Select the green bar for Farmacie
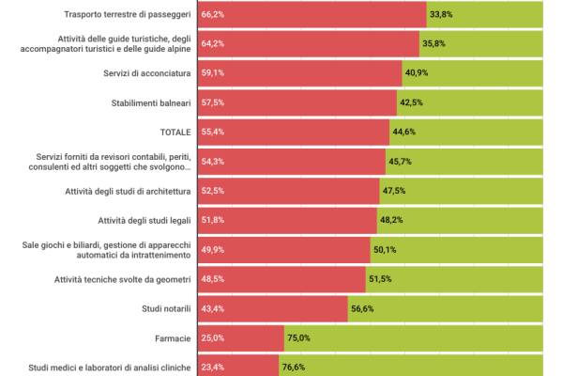[413, 338]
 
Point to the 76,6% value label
[294, 368]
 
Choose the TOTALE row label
[174, 132]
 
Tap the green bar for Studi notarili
[446, 308]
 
